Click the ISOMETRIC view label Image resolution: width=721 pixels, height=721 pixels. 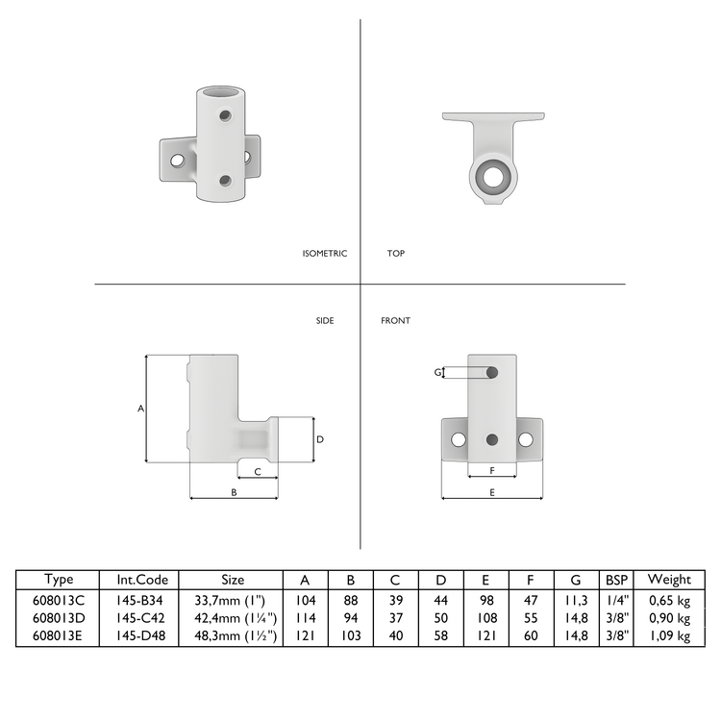pos(324,254)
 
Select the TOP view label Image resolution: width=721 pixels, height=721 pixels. pos(396,254)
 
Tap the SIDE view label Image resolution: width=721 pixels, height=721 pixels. pos(325,321)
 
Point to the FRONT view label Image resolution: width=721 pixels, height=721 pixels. pos(395,321)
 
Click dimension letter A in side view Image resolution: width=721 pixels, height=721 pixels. pos(140,409)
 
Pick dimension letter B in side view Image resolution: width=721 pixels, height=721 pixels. pos(234,491)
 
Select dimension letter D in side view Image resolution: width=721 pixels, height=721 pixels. pos(320,439)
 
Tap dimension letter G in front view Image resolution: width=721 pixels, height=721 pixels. pos(438,372)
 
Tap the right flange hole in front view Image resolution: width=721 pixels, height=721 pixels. pos(526,439)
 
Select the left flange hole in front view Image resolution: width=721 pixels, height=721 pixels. pos(459,439)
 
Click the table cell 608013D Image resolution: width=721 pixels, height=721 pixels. pos(59,617)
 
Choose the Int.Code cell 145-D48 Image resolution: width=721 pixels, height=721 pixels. pos(142,635)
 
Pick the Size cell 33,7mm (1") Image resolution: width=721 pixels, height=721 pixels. pos(233,599)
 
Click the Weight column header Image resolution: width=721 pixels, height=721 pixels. pos(669,580)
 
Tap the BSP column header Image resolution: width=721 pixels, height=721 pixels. pos(615,580)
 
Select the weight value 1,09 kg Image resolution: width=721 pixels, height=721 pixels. pos(669,635)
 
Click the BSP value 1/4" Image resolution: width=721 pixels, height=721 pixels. pos(615,599)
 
